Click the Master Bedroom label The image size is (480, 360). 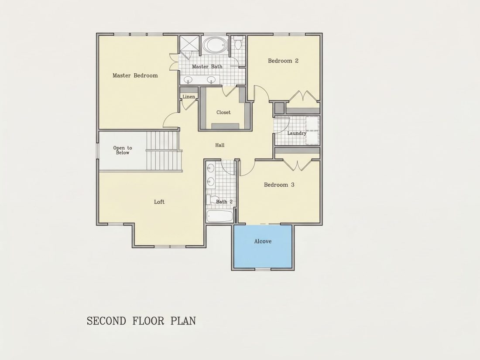(x=135, y=75)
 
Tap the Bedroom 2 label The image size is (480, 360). (x=283, y=61)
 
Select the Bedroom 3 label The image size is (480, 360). (x=279, y=185)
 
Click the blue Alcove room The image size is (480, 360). (x=263, y=247)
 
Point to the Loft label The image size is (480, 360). (x=159, y=202)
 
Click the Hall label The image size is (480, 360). (x=220, y=145)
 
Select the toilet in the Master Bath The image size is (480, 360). (x=238, y=43)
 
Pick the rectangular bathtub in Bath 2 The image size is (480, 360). (x=219, y=216)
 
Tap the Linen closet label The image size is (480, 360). (x=189, y=97)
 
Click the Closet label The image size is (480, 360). (x=223, y=112)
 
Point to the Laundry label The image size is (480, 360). (x=297, y=133)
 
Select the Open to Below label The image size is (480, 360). (x=123, y=150)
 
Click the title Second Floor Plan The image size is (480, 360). (x=141, y=321)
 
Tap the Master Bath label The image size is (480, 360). (x=207, y=66)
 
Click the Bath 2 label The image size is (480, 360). (x=224, y=202)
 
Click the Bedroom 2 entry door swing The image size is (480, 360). (x=261, y=93)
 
